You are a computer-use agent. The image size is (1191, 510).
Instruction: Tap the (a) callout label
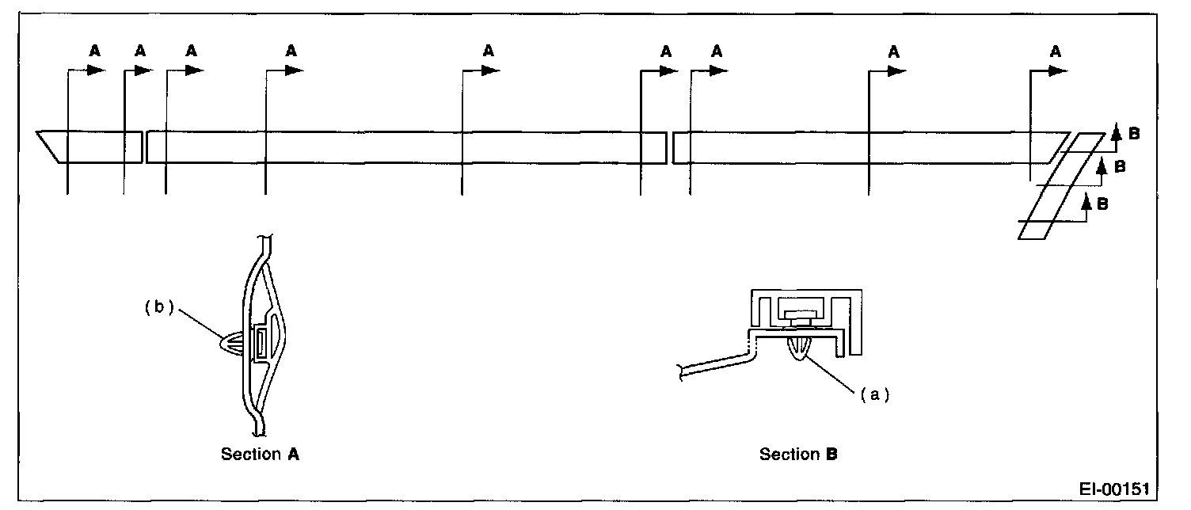(x=869, y=394)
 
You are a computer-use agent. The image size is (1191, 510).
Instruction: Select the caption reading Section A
(x=260, y=455)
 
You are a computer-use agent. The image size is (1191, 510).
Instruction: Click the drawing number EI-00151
(x=1113, y=487)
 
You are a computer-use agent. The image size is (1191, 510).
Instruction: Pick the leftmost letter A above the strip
(x=94, y=51)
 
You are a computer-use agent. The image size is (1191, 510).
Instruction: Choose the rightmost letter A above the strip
(x=1054, y=51)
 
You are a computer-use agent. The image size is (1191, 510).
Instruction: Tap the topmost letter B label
(x=1134, y=135)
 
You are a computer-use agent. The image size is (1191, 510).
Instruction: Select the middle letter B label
(x=1120, y=166)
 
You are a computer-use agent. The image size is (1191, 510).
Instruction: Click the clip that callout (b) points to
(x=234, y=346)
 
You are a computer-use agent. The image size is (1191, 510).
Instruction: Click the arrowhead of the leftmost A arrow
(x=97, y=70)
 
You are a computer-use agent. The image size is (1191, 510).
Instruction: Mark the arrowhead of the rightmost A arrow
(x=1056, y=70)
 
